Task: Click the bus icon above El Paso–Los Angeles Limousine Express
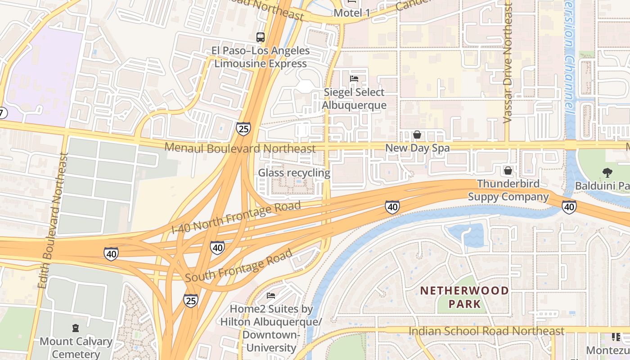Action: pyautogui.click(x=260, y=37)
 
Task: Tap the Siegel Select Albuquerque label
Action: pyautogui.click(x=355, y=99)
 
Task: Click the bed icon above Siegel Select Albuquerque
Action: pyautogui.click(x=354, y=79)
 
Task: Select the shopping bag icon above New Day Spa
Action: pyautogui.click(x=417, y=135)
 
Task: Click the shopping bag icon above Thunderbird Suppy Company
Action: pyautogui.click(x=508, y=171)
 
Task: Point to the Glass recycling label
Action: pyautogui.click(x=294, y=173)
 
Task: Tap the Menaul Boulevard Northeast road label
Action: pyautogui.click(x=240, y=148)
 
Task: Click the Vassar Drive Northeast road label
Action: pyautogui.click(x=508, y=63)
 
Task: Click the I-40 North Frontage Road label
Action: pyautogui.click(x=236, y=217)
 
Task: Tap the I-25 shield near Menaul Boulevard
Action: pyautogui.click(x=243, y=129)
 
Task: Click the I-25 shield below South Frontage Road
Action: pyautogui.click(x=190, y=301)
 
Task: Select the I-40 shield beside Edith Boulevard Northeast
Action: pyautogui.click(x=111, y=254)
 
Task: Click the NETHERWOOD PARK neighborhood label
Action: pyautogui.click(x=464, y=297)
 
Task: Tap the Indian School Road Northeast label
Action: pyautogui.click(x=486, y=331)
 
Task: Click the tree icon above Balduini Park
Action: pyautogui.click(x=607, y=172)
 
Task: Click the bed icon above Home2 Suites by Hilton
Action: pyautogui.click(x=271, y=296)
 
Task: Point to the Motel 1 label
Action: pyautogui.click(x=351, y=13)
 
